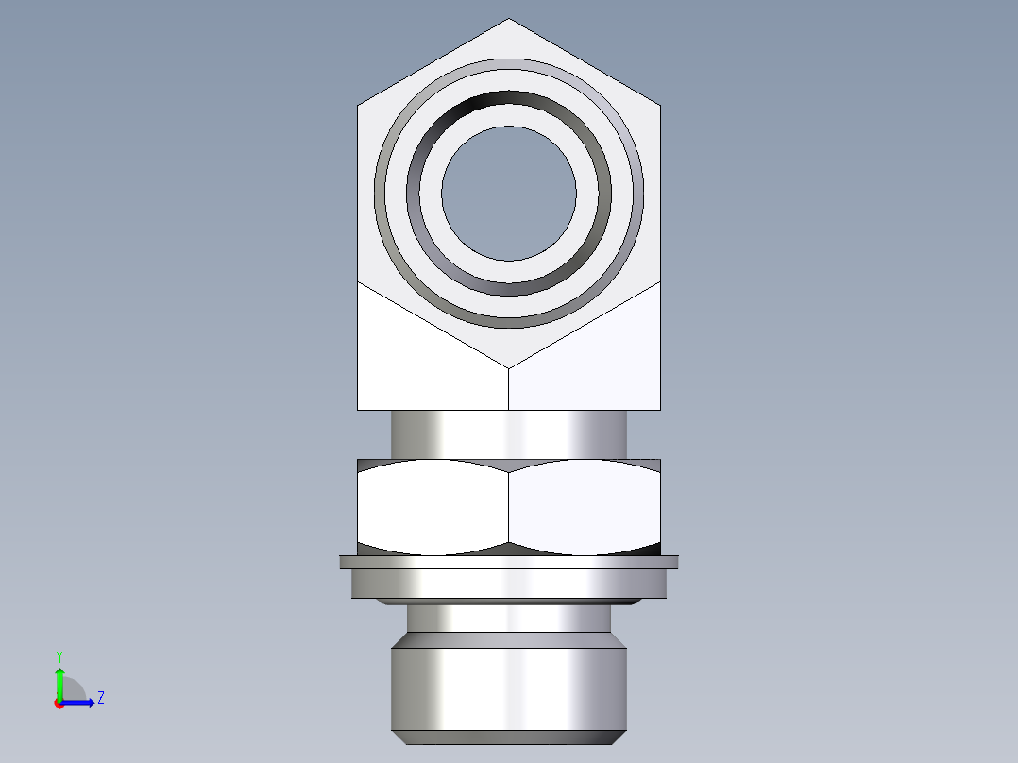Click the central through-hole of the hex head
tap(509, 194)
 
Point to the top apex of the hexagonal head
tap(509, 21)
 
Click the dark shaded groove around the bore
tap(509, 108)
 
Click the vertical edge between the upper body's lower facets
tap(509, 388)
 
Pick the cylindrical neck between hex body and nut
tap(509, 434)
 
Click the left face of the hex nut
tap(433, 507)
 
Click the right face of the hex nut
tap(584, 507)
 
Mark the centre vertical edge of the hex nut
tap(509, 507)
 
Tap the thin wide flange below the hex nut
tap(509, 562)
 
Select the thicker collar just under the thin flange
tap(509, 585)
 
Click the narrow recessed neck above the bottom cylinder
tap(509, 619)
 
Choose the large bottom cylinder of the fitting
tap(509, 685)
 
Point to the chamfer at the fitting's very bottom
tap(509, 738)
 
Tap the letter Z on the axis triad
tap(100, 698)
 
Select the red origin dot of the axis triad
tap(59, 704)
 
